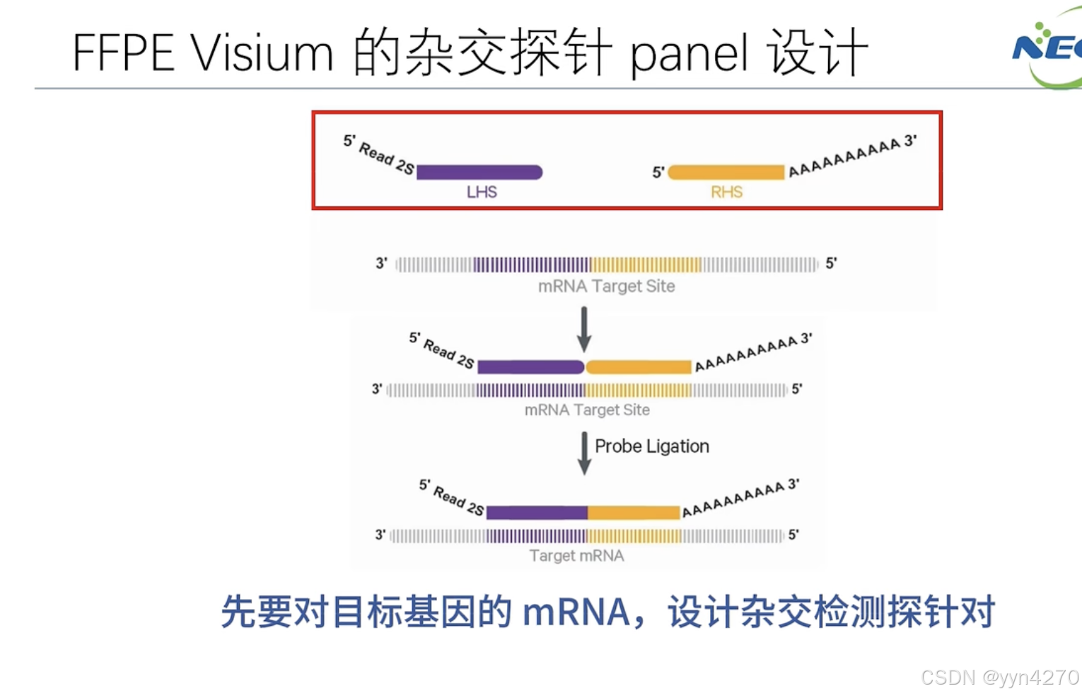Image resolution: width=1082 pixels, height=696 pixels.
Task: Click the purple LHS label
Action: pyautogui.click(x=482, y=192)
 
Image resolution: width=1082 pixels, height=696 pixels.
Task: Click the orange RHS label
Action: pyautogui.click(x=726, y=192)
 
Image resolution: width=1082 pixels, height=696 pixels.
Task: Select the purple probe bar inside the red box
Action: pyautogui.click(x=479, y=172)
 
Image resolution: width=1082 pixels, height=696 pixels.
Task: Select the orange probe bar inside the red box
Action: pyautogui.click(x=726, y=172)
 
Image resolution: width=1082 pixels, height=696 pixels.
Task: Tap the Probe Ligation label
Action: pyautogui.click(x=651, y=446)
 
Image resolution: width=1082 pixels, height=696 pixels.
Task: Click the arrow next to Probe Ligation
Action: pyautogui.click(x=584, y=453)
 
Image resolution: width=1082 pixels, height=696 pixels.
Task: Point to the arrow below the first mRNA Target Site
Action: pyautogui.click(x=584, y=329)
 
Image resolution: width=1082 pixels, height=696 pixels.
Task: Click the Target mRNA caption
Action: pyautogui.click(x=576, y=556)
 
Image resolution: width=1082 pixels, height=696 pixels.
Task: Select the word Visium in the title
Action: pyautogui.click(x=262, y=53)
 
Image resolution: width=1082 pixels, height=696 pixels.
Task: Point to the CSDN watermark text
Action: pyautogui.click(x=999, y=677)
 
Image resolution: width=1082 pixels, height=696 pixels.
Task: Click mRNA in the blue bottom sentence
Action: pyautogui.click(x=576, y=612)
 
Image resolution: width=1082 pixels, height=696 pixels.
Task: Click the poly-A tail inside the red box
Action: pyautogui.click(x=845, y=157)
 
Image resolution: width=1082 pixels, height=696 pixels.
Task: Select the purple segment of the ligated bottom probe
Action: pyautogui.click(x=537, y=513)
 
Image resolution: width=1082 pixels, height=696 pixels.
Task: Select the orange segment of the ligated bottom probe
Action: pyautogui.click(x=634, y=513)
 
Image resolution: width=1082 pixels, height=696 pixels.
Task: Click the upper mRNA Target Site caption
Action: pyautogui.click(x=606, y=286)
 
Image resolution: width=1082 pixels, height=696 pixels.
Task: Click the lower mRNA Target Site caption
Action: pyautogui.click(x=587, y=410)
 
